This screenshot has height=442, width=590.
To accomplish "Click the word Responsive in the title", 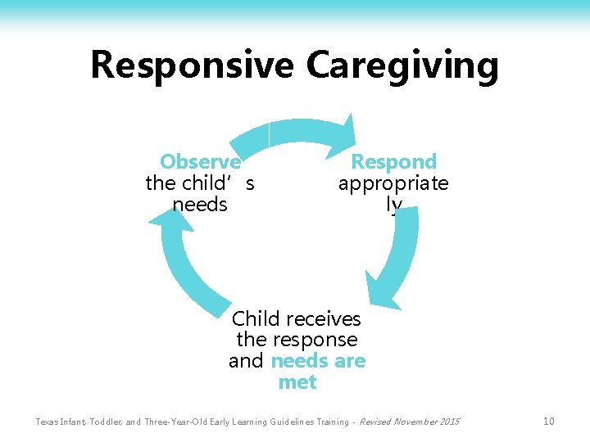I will pos(192,65).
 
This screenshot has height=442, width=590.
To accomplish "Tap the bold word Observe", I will pos(200,161).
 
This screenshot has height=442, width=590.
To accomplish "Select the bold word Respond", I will pos(393,161).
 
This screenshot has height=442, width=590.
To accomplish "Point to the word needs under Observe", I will pos(200,205).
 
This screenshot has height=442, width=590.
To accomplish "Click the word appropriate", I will pos(393,183).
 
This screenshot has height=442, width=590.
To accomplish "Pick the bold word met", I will pos(297,382).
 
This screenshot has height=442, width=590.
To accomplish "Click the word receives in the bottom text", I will pos(322,318).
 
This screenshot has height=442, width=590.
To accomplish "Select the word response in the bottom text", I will pos(318,340).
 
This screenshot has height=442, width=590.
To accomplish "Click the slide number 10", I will pos(548,422).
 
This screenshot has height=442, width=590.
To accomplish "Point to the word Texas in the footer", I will pos(48,422).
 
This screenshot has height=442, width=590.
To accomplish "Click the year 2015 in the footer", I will pos(448,422).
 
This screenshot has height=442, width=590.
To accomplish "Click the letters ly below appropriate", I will pos(394,205).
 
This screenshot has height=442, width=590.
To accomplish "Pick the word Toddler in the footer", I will pos(99,422).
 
